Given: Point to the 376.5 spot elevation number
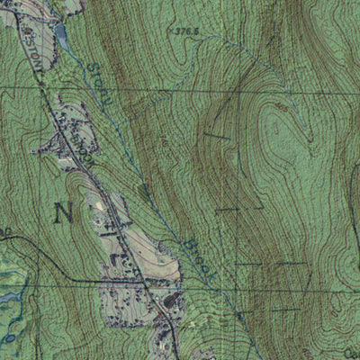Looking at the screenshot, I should click(185, 31).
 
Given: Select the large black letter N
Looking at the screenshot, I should click(63, 213).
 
